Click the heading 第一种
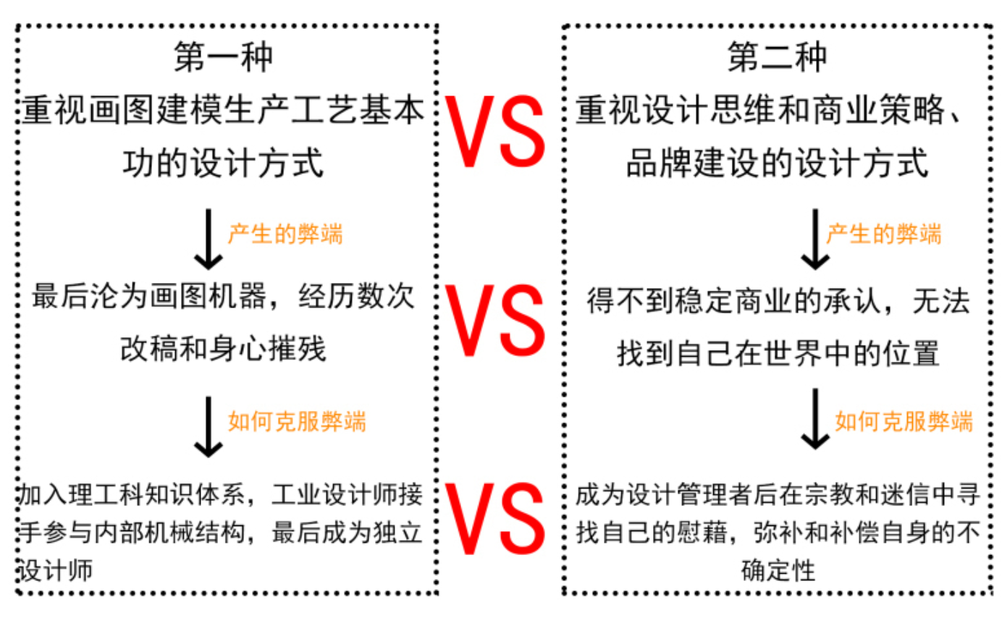223,57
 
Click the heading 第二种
777,57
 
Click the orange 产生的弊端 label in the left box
285,234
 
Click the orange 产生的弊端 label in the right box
884,234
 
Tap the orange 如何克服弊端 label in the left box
297,421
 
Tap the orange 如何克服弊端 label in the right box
904,421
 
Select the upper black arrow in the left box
209,240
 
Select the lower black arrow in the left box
209,426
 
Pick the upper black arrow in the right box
815,240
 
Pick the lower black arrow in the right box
815,419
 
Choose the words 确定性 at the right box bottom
778,570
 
